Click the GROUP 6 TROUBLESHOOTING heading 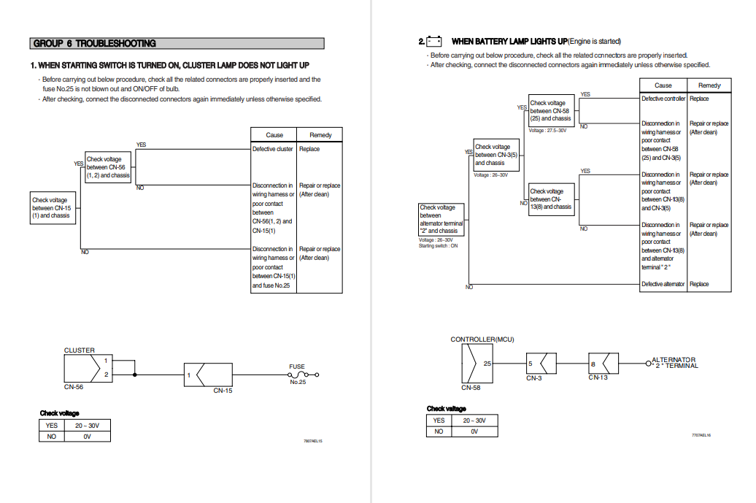click(95, 43)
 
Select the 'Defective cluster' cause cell click(273, 149)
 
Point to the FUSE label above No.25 click(297, 366)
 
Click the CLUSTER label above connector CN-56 click(79, 350)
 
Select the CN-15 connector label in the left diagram click(223, 391)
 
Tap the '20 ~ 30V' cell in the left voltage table click(87, 425)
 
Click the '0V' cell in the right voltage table click(474, 431)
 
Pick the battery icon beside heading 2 click(434, 41)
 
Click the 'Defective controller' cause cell click(663, 99)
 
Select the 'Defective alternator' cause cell click(663, 284)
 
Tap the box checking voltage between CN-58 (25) click(550, 110)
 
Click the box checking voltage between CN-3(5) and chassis click(496, 155)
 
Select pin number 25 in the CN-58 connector click(487, 363)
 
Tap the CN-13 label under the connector click(598, 377)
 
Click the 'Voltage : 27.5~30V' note click(547, 130)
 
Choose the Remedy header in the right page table click(709, 85)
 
